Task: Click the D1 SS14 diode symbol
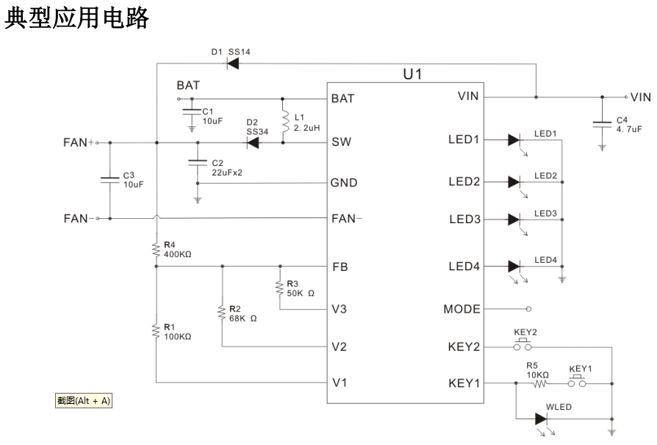[x=234, y=63]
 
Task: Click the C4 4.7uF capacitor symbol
[x=602, y=123]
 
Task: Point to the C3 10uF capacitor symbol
[x=109, y=178]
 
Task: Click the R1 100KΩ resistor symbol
[x=156, y=330]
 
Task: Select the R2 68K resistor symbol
[x=221, y=314]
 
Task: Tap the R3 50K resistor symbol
[x=279, y=287]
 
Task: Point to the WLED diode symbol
[x=542, y=419]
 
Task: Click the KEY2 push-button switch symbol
[x=523, y=344]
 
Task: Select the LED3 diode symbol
[x=514, y=219]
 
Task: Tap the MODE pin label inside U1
[x=462, y=309]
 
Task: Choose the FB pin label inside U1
[x=340, y=267]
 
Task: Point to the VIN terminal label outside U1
[x=641, y=97]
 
